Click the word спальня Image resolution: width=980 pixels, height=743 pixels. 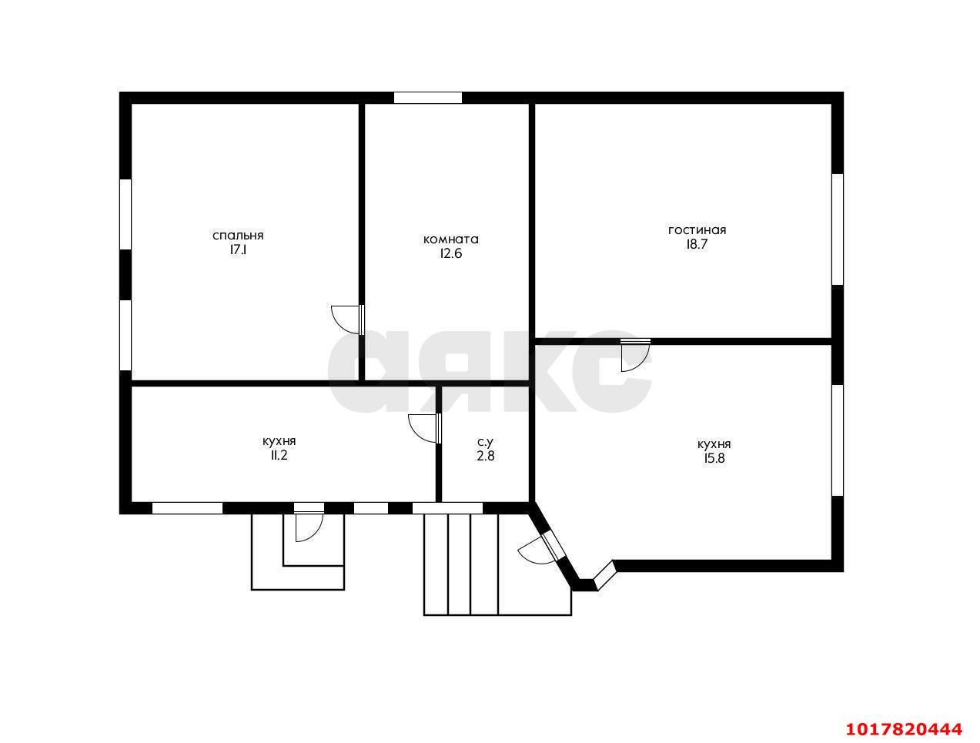click(x=238, y=236)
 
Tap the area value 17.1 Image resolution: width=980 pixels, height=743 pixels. click(x=238, y=249)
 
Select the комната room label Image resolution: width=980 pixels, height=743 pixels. click(x=450, y=239)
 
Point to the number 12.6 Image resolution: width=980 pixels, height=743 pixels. click(x=451, y=253)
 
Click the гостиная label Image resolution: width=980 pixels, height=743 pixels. click(x=697, y=230)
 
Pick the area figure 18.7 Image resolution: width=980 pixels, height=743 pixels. click(x=697, y=244)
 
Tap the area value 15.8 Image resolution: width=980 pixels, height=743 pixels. click(x=714, y=458)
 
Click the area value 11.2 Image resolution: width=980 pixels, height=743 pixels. click(x=279, y=455)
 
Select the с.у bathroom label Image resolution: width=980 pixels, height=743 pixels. click(x=485, y=442)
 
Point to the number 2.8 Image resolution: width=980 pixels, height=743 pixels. click(x=485, y=456)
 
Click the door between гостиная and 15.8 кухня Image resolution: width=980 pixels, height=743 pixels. click(x=635, y=355)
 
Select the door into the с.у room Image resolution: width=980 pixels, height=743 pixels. click(x=425, y=428)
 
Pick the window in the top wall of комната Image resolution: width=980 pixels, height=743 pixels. click(x=427, y=98)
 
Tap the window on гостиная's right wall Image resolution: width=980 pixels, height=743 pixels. click(x=837, y=229)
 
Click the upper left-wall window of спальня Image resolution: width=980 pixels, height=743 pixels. click(x=125, y=214)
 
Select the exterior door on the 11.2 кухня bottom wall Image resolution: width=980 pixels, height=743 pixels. click(x=309, y=523)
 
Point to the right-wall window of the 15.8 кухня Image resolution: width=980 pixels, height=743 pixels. click(x=837, y=440)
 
